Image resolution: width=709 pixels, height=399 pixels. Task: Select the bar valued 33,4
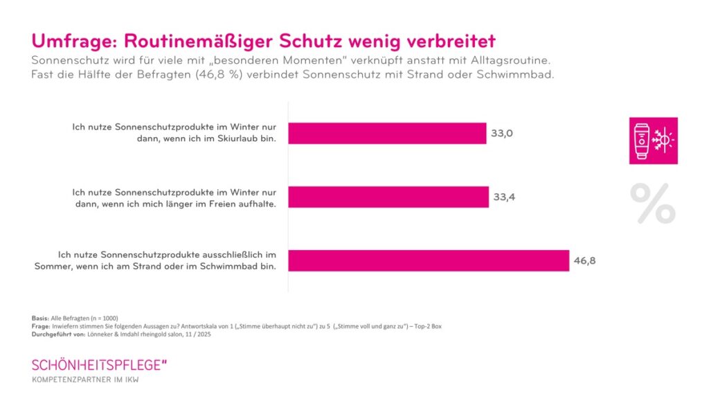point(388,197)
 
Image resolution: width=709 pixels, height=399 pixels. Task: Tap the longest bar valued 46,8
point(428,260)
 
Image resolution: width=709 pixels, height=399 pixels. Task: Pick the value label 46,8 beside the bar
point(584,261)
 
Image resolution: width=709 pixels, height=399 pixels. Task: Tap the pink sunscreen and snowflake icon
point(653,141)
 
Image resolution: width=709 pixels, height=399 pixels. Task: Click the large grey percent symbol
point(653,203)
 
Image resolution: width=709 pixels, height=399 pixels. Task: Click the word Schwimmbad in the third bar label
point(240,267)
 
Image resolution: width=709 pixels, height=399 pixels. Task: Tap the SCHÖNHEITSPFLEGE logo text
point(98,364)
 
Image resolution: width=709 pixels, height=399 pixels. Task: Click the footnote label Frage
point(40,326)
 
